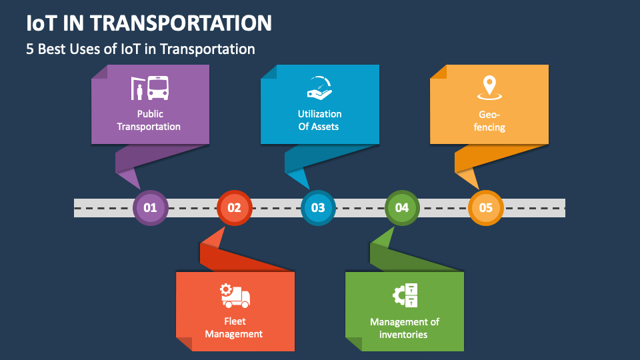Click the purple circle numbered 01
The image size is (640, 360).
150,207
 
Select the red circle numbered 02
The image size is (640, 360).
234,207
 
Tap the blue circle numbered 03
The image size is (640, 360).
318,207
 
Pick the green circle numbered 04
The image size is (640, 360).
402,207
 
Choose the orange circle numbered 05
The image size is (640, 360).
486,207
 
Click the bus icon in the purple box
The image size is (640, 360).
157,88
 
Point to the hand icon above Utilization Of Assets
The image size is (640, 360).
319,88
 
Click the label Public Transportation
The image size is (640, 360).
149,120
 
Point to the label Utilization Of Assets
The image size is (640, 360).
319,120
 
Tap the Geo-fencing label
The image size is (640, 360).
489,120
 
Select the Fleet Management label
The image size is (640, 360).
234,327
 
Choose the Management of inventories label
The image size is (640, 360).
404,327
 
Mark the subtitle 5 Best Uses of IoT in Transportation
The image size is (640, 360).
141,49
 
